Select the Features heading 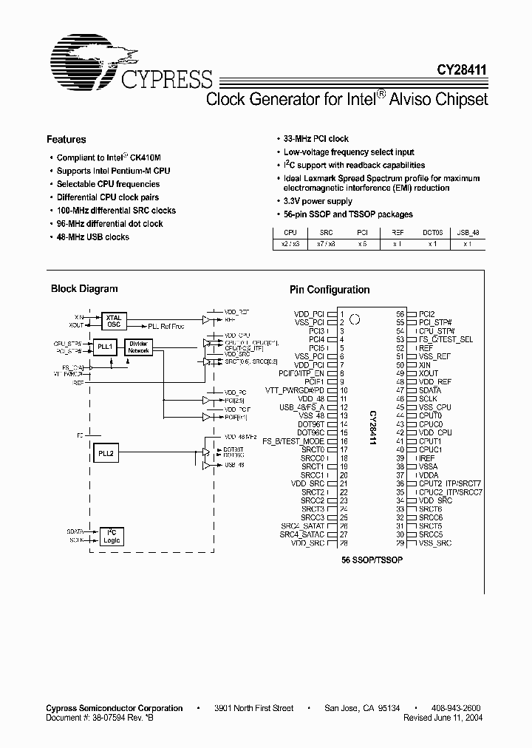pyautogui.click(x=66, y=139)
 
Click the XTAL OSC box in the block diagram pyautogui.click(x=114, y=320)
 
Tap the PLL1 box pyautogui.click(x=105, y=346)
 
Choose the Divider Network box pyautogui.click(x=138, y=347)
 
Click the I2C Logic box pyautogui.click(x=113, y=536)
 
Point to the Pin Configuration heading pyautogui.click(x=329, y=290)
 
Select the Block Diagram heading pyautogui.click(x=84, y=289)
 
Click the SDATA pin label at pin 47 pyautogui.click(x=430, y=390)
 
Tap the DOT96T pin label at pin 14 pyautogui.click(x=313, y=424)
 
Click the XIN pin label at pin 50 pyautogui.click(x=424, y=365)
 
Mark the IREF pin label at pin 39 pyautogui.click(x=426, y=458)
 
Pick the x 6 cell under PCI pyautogui.click(x=363, y=243)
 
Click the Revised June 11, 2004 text pyautogui.click(x=444, y=718)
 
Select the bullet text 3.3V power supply pyautogui.click(x=318, y=201)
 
